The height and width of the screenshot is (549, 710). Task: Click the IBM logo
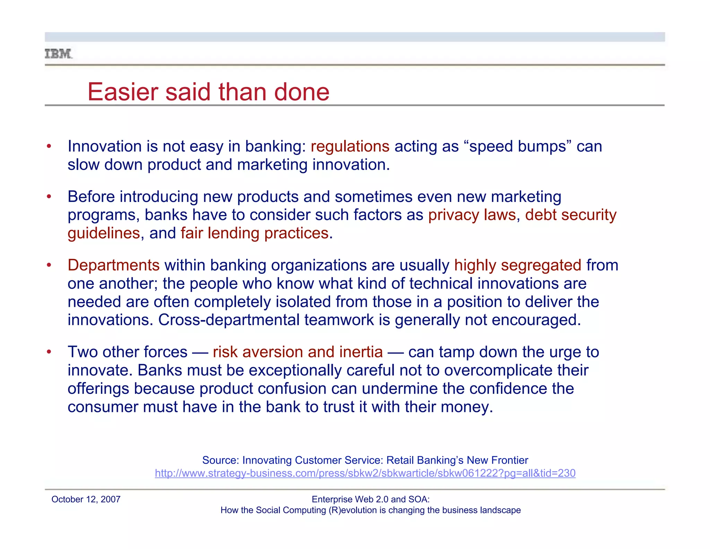point(59,54)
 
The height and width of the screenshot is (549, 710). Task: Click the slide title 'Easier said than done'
point(208,92)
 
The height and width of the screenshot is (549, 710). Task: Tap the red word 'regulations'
point(350,146)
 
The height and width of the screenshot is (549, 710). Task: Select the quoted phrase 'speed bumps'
point(518,146)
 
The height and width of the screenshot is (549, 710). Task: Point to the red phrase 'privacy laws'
point(472,215)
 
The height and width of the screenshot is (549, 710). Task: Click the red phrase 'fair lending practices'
point(254,233)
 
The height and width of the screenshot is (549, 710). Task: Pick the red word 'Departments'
point(113,265)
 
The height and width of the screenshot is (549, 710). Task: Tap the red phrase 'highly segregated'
point(518,265)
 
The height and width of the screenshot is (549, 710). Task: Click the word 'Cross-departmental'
point(229,320)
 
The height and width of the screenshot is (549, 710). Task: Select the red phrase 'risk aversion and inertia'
point(298,352)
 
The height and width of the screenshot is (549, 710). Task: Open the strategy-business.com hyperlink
point(365,473)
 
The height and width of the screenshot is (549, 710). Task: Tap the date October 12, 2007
point(86,499)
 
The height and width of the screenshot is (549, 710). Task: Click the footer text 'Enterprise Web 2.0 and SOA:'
point(371,499)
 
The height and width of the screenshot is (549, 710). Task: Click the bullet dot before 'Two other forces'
point(49,352)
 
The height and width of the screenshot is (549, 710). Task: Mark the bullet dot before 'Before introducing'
point(49,197)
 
